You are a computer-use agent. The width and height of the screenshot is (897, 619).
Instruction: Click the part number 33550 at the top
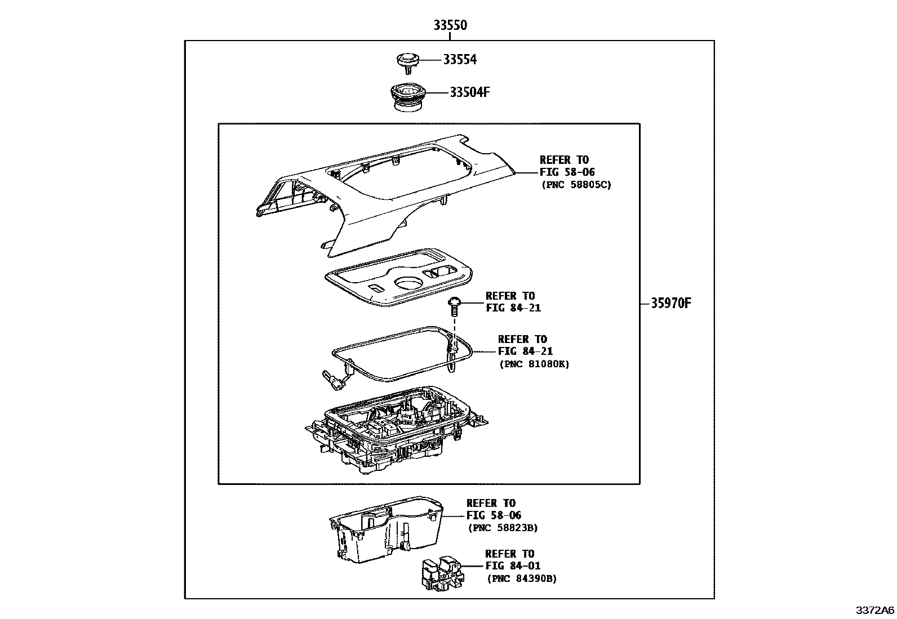(450, 25)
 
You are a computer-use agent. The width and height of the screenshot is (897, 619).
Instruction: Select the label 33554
(459, 60)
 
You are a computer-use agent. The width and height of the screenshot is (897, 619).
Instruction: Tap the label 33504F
(469, 92)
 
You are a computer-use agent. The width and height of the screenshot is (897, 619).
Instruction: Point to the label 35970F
(671, 304)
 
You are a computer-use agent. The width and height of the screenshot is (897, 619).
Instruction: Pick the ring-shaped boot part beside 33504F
(406, 96)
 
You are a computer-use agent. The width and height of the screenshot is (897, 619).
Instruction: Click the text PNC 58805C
(576, 185)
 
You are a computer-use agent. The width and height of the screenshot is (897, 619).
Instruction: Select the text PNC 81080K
(534, 364)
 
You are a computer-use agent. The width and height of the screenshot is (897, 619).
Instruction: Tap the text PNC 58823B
(503, 528)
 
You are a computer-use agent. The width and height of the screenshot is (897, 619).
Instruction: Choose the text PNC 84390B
(521, 579)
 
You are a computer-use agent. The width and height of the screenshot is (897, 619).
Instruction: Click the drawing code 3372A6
(875, 611)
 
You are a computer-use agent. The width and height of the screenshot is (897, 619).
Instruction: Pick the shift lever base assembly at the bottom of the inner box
(397, 431)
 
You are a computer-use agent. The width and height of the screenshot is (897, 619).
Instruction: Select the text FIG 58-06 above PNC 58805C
(567, 172)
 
